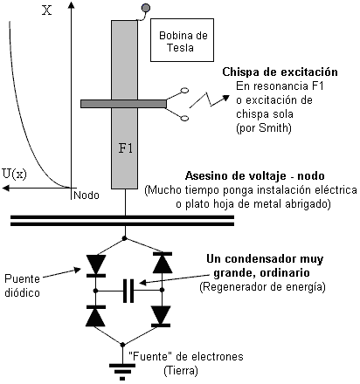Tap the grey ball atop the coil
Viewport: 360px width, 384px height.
pos(146,8)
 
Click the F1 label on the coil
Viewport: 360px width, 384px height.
pos(126,148)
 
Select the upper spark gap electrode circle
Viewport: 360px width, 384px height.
pos(184,91)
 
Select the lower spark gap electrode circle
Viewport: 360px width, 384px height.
pos(184,118)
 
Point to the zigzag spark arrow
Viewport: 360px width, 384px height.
pos(209,100)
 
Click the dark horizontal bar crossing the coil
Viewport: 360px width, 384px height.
pos(123,104)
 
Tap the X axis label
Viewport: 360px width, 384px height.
pos(46,10)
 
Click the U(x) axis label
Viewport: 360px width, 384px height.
pos(14,174)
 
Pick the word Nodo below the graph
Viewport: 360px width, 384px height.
pos(87,195)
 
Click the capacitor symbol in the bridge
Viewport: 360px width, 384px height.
pos(128,291)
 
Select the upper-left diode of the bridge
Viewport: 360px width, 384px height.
pos(96,265)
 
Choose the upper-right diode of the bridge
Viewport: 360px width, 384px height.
pos(163,263)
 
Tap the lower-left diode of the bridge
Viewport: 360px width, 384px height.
pos(96,316)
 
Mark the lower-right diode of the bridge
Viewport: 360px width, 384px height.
pos(161,317)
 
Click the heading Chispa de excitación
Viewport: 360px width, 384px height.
pos(280,72)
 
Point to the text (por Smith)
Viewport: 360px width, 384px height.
pos(264,128)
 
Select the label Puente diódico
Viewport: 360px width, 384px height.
pos(22,285)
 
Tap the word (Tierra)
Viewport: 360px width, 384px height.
pos(181,371)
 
